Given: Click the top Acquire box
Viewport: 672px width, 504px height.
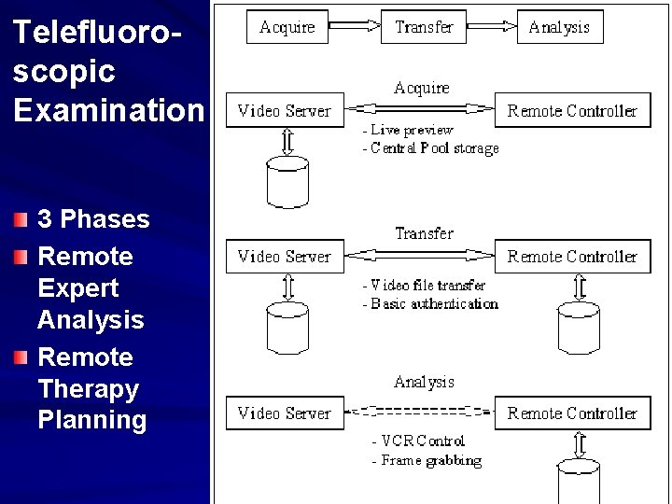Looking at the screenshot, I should [x=287, y=27].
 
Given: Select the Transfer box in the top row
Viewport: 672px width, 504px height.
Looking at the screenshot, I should [x=424, y=27].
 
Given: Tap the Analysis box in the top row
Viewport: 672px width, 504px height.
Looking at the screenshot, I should [x=559, y=27].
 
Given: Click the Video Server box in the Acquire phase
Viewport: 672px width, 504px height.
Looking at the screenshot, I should [x=285, y=111].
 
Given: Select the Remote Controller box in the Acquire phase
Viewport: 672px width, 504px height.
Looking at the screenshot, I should [x=571, y=111].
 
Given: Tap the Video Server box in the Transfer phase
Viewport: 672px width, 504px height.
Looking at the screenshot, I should [x=285, y=257].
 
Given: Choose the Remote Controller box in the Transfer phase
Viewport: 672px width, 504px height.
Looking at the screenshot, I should [x=571, y=257].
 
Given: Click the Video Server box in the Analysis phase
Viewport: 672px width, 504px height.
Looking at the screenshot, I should [x=285, y=413].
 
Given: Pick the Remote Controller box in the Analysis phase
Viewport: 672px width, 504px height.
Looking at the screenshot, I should [x=571, y=413].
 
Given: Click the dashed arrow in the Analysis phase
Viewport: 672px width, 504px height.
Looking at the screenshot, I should [x=420, y=411].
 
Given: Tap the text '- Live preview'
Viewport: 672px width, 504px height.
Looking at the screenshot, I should [x=408, y=130].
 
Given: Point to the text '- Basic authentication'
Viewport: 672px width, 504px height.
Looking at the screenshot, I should [x=430, y=303].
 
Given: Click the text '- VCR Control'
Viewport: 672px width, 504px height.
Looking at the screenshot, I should [x=417, y=441].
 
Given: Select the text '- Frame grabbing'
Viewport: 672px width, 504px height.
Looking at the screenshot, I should [x=427, y=460].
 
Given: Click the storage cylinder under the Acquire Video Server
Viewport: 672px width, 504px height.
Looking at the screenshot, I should [x=287, y=182].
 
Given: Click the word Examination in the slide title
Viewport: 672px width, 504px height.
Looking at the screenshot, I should [x=106, y=109].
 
